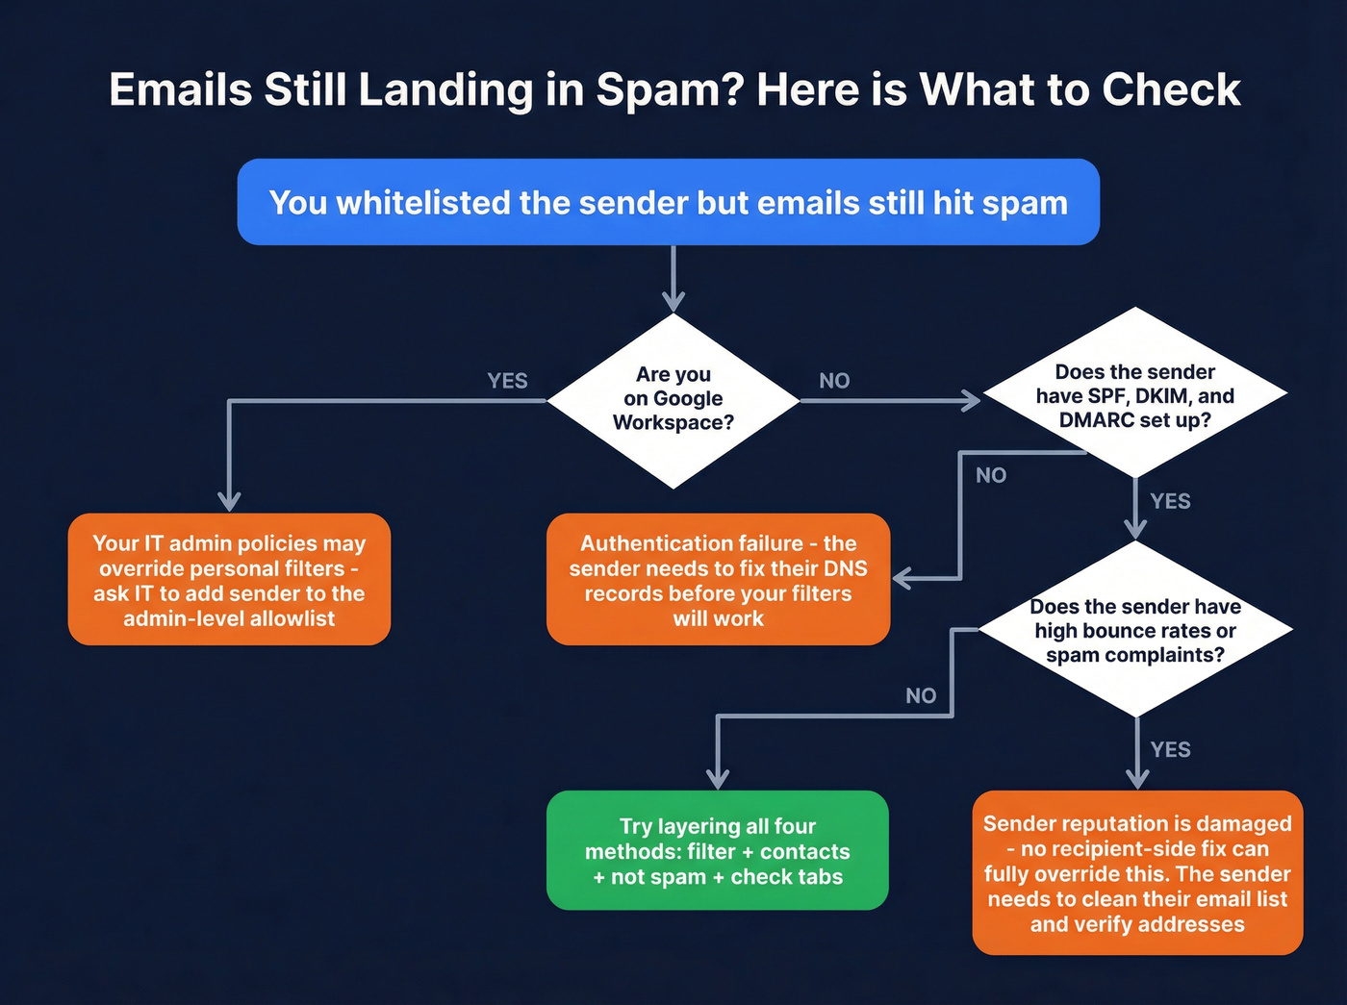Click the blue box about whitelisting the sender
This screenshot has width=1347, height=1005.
click(668, 202)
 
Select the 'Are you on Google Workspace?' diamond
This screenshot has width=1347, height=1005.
click(673, 399)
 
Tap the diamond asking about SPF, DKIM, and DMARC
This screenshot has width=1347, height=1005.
click(1135, 395)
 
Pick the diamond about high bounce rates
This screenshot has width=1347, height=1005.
click(1135, 630)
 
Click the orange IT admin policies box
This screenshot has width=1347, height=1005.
click(229, 580)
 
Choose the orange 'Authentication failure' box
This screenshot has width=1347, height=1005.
click(718, 580)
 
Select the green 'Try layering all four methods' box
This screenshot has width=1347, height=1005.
click(718, 851)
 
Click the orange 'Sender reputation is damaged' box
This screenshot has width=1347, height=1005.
click(1137, 873)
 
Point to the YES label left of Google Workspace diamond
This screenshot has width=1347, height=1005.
click(507, 381)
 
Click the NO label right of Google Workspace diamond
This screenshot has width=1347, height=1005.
click(834, 381)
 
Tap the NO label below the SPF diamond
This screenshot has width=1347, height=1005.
click(991, 475)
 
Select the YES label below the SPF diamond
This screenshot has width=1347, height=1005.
click(1170, 501)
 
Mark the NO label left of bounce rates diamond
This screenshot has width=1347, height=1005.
click(921, 695)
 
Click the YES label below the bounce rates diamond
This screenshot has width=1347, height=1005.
click(1170, 749)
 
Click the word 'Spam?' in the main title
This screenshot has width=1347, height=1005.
click(669, 90)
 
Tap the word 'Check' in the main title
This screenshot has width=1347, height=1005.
click(1171, 90)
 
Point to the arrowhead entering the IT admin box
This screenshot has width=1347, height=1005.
click(229, 501)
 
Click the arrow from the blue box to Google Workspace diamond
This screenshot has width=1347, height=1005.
click(673, 279)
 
